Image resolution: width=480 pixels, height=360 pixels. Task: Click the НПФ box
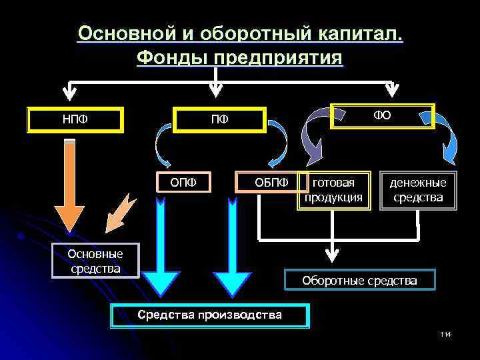pyautogui.click(x=75, y=120)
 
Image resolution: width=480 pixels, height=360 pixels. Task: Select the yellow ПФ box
pyautogui.click(x=219, y=120)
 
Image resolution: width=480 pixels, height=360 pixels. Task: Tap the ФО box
pyautogui.click(x=383, y=115)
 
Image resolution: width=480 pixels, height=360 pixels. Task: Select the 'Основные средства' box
pyautogui.click(x=95, y=261)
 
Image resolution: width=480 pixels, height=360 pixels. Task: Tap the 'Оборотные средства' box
pyautogui.click(x=359, y=281)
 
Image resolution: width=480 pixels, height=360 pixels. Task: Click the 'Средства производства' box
pyautogui.click(x=210, y=315)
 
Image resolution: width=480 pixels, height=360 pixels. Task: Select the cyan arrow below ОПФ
pyautogui.click(x=161, y=253)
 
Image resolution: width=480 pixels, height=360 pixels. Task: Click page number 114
pyautogui.click(x=445, y=333)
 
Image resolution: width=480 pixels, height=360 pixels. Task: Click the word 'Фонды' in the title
pyautogui.click(x=171, y=58)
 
